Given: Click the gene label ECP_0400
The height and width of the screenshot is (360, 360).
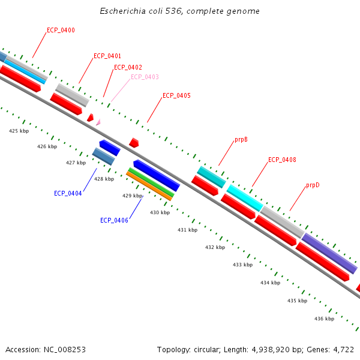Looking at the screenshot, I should [61, 30].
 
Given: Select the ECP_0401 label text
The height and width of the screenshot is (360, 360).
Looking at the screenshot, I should [107, 56].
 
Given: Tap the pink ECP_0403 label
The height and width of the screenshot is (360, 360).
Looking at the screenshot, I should [145, 77].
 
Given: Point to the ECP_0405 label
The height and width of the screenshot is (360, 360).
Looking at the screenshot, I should [176, 96].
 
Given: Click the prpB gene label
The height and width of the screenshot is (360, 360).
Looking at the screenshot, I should [241, 140].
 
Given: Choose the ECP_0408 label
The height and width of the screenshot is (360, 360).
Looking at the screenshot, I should [282, 160].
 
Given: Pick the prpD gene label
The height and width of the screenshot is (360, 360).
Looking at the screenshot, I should [313, 185].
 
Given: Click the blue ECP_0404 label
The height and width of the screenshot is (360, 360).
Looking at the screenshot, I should [68, 193].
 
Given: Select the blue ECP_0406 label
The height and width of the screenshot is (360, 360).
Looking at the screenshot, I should [114, 220].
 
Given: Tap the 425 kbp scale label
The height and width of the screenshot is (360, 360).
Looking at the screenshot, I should [19, 131].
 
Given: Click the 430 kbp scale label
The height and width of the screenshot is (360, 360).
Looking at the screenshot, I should [160, 212].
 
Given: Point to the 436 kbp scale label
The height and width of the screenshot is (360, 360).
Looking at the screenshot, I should [324, 319].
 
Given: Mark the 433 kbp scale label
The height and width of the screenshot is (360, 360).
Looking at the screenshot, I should [242, 265].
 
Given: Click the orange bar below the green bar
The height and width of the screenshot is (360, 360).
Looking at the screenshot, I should [149, 187].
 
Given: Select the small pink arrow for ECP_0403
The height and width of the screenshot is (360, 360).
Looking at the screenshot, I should [98, 122].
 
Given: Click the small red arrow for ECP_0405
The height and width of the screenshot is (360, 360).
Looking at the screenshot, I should [134, 143].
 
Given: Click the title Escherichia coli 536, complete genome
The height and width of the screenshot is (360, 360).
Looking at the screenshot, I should [180, 11].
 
